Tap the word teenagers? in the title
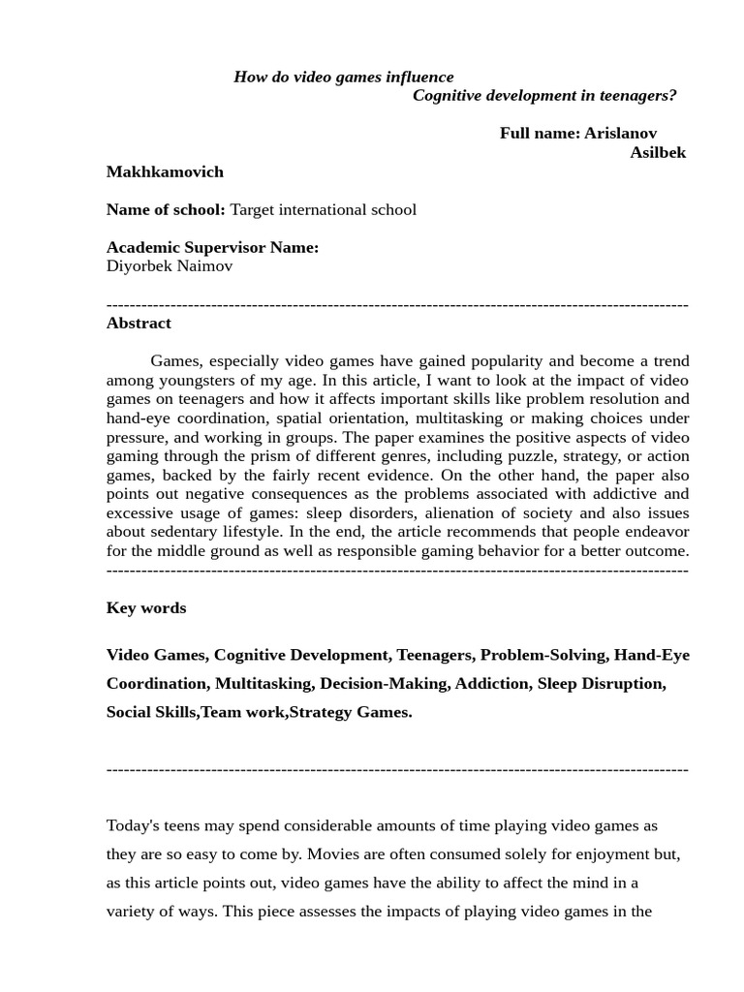(x=638, y=95)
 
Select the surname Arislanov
(x=620, y=133)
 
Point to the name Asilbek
(x=658, y=152)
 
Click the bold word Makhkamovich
(x=165, y=171)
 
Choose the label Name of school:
(x=166, y=209)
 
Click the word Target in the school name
(x=254, y=209)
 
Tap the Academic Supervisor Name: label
(x=212, y=247)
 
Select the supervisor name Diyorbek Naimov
(x=170, y=265)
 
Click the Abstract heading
(x=139, y=323)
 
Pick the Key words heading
(x=146, y=607)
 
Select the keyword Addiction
(x=492, y=683)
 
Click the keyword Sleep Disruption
(x=601, y=683)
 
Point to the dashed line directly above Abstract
(x=397, y=304)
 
